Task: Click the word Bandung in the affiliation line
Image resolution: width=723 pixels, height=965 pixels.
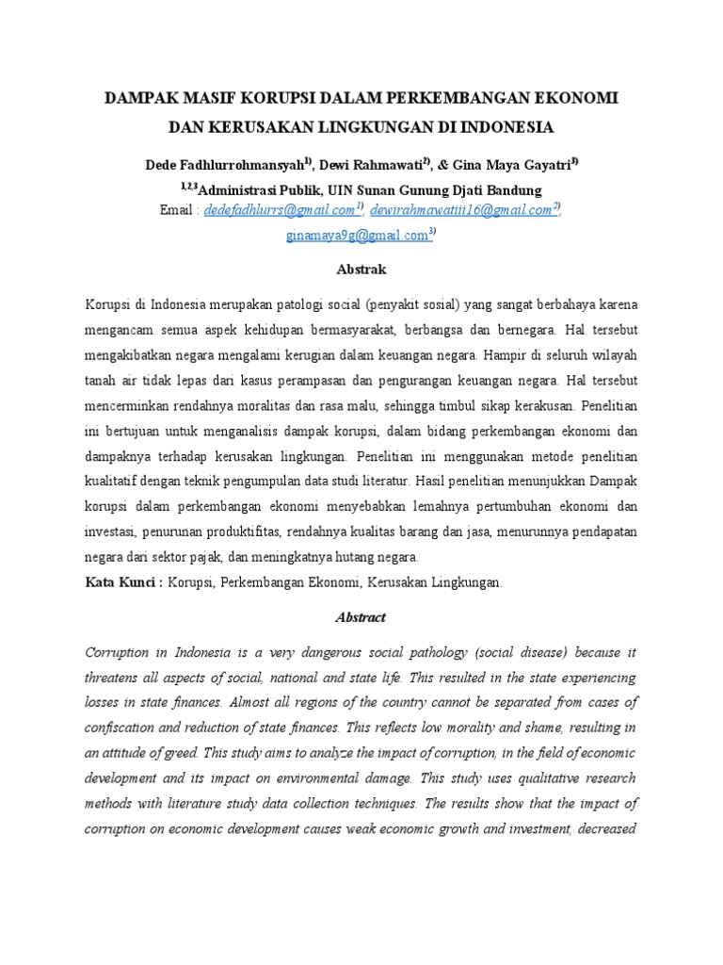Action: pos(514,189)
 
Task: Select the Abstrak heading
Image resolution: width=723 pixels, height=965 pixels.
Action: pos(361,270)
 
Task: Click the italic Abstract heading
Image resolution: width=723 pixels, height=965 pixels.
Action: pos(361,617)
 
